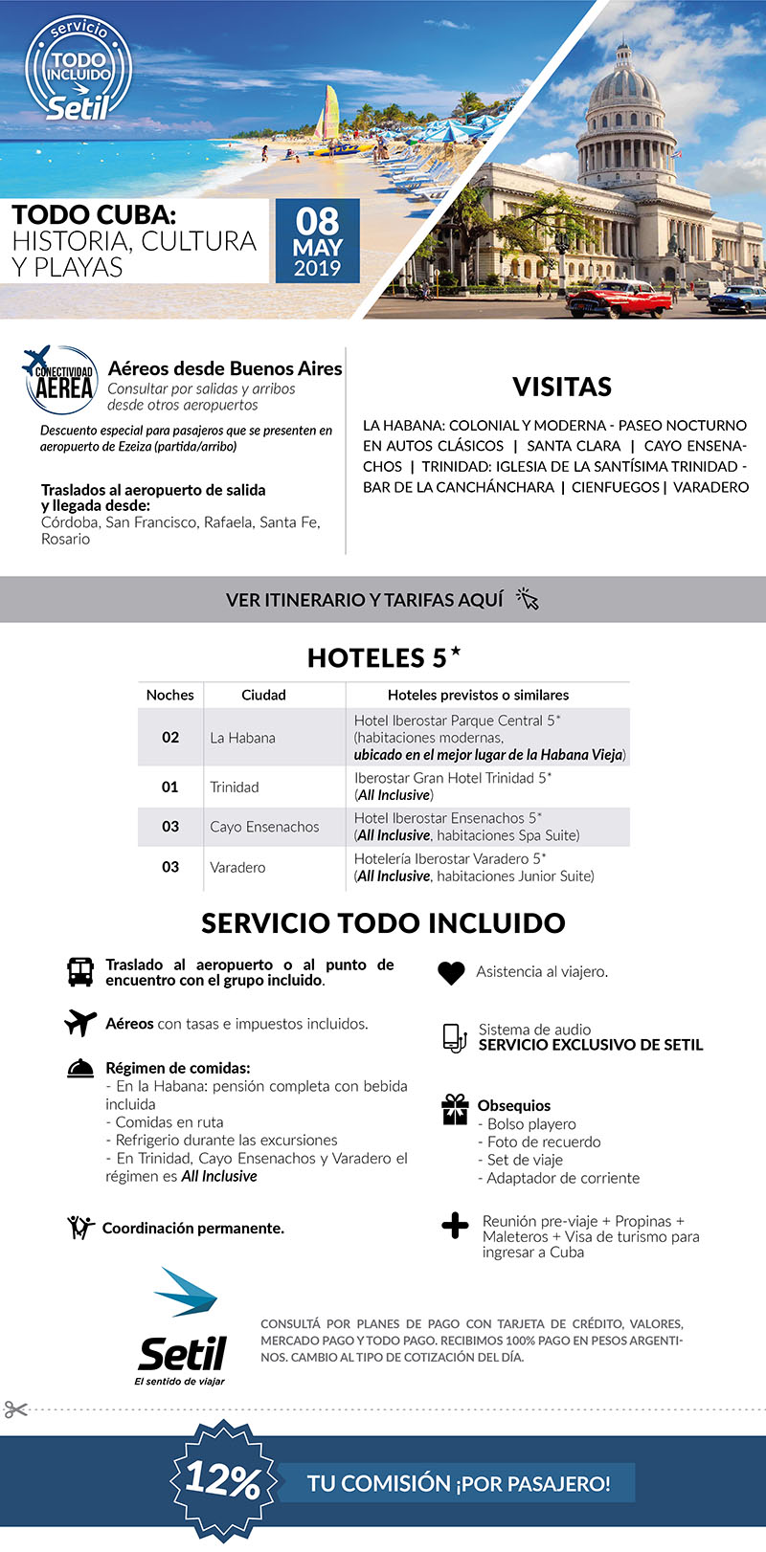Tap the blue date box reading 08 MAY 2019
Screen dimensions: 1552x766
317,241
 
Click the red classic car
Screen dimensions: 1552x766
619,299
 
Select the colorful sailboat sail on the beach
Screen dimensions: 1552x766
329,114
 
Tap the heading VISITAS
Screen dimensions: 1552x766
561,387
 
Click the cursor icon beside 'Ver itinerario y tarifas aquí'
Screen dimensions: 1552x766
528,599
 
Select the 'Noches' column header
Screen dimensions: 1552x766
170,695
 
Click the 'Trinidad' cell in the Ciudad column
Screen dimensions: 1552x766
235,787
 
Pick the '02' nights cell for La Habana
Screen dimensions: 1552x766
170,737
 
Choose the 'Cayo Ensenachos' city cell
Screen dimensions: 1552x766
264,827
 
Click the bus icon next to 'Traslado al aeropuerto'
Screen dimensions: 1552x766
80,972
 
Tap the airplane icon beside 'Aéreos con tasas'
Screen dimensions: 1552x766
80,1023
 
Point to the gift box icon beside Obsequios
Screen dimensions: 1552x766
455,1109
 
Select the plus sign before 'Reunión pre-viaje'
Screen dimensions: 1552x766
455,1226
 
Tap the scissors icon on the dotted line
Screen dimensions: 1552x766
15,1409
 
